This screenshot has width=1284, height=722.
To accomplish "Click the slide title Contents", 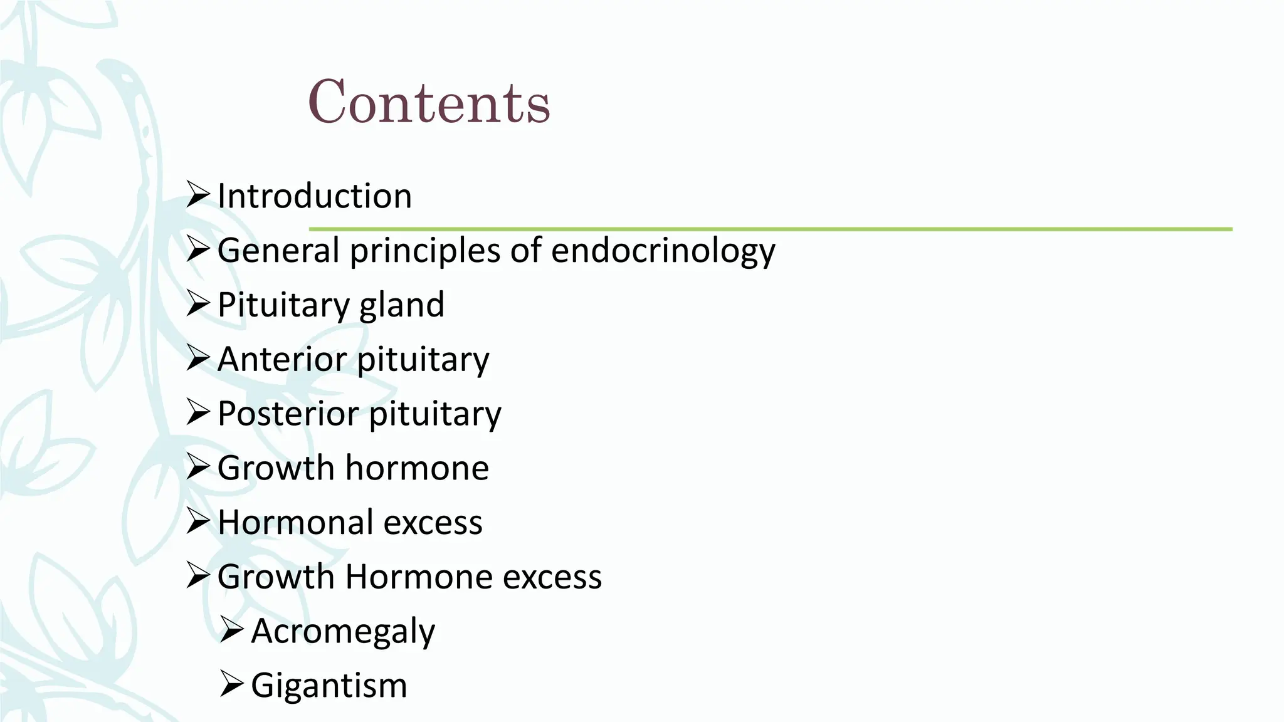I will (x=429, y=102).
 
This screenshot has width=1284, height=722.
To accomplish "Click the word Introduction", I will (x=314, y=196).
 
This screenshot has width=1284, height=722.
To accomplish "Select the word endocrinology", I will (x=663, y=251).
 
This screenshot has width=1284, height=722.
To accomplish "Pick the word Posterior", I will (x=287, y=414).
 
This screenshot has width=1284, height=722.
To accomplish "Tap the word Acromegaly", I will (x=343, y=631).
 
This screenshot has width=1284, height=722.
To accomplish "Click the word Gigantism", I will (x=329, y=685).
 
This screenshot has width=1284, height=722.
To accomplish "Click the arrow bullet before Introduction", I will (x=197, y=196).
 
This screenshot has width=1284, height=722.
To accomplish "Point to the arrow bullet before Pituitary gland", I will (x=197, y=305).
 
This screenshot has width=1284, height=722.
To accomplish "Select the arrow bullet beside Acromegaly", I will (x=231, y=631).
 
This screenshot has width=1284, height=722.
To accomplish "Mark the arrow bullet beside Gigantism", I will (x=231, y=685).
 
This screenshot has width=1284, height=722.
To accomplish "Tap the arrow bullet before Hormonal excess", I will (x=197, y=522).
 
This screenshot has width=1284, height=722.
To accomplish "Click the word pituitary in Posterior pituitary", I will (x=434, y=414).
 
